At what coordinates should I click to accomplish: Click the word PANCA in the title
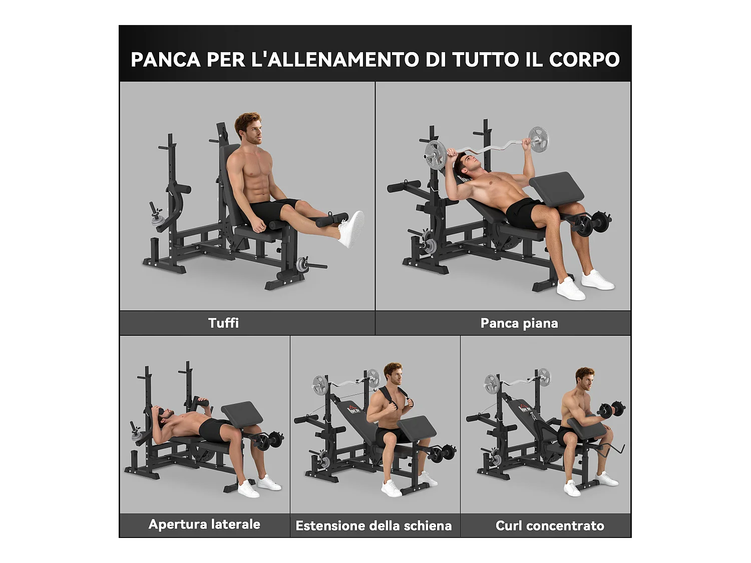[165, 60]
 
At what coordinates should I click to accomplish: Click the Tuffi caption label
[223, 323]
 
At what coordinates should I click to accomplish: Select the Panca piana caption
[519, 323]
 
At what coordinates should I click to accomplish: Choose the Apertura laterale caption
[204, 524]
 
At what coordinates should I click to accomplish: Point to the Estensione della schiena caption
[373, 525]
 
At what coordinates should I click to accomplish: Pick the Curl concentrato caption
[550, 525]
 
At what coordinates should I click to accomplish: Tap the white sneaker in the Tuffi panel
[352, 229]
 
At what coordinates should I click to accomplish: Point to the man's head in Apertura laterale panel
[164, 415]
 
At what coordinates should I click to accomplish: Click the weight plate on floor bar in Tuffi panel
[302, 265]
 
